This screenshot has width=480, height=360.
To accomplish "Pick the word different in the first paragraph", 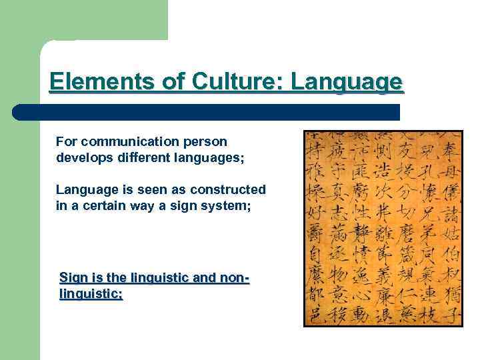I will pyautogui.click(x=134, y=158).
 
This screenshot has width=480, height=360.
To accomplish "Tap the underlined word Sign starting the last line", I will pyautogui.click(x=73, y=277).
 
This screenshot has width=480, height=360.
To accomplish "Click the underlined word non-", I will pyautogui.click(x=234, y=277).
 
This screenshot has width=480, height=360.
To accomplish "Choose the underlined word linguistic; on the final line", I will pyautogui.click(x=91, y=293).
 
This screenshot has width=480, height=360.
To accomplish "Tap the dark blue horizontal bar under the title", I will pyautogui.click(x=207, y=112).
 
